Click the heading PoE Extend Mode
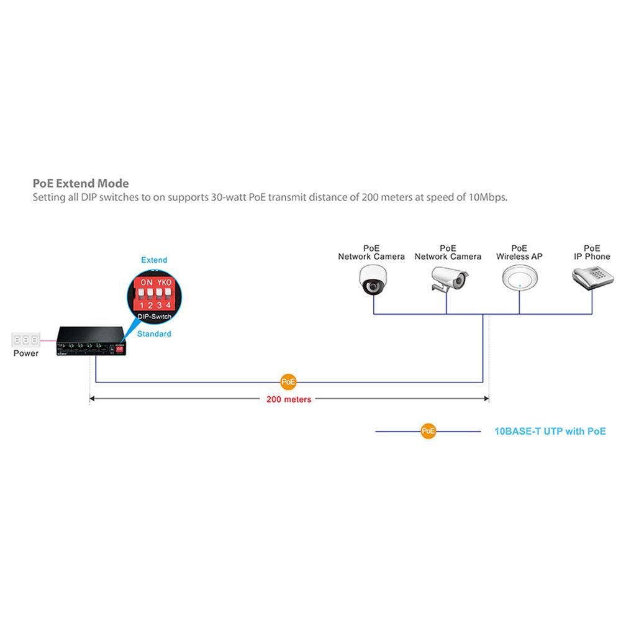pyautogui.click(x=81, y=183)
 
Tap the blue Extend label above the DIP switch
pyautogui.click(x=154, y=260)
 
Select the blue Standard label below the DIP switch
pyautogui.click(x=154, y=333)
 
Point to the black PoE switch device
pyautogui.click(x=91, y=341)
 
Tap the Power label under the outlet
pyautogui.click(x=26, y=353)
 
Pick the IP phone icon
pyautogui.click(x=591, y=278)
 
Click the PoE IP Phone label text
pyautogui.click(x=592, y=252)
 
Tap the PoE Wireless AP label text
pyautogui.click(x=519, y=252)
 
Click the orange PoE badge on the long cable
pyautogui.click(x=289, y=381)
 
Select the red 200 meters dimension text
pyautogui.click(x=289, y=399)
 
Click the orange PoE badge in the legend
pyautogui.click(x=428, y=431)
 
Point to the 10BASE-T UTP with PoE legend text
pyautogui.click(x=550, y=431)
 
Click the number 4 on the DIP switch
pyautogui.click(x=168, y=305)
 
